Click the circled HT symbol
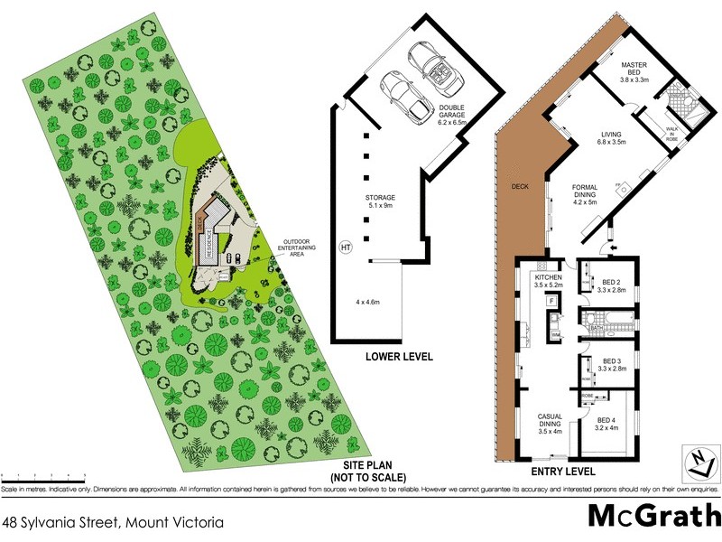(345, 246)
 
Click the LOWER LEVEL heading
(398, 357)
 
